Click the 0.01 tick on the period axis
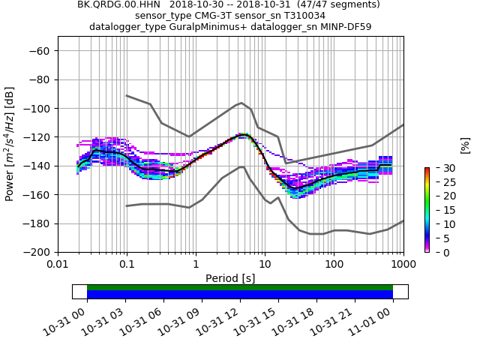[x=58, y=265]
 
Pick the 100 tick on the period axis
[x=334, y=265]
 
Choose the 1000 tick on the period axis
[x=403, y=265]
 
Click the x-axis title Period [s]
[x=230, y=278]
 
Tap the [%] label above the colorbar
[x=465, y=145]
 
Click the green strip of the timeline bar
[x=240, y=287]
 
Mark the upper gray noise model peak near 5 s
[x=241, y=103]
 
